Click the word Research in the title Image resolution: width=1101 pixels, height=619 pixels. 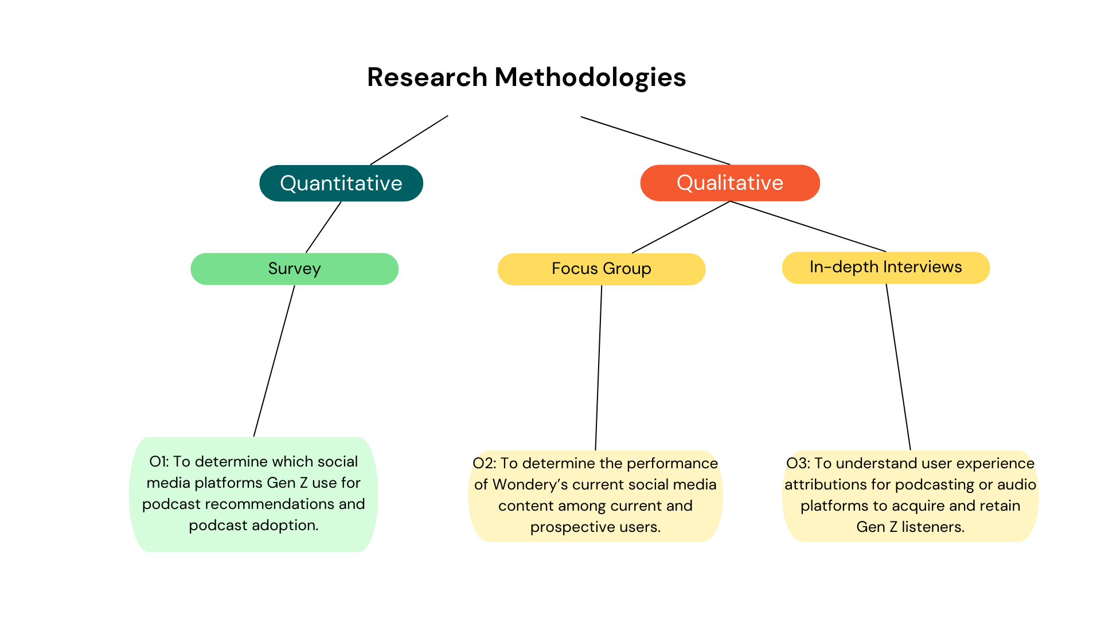(x=427, y=77)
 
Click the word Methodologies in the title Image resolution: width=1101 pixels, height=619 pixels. (x=590, y=77)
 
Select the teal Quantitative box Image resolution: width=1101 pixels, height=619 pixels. (x=341, y=183)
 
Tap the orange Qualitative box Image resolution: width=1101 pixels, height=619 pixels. (x=730, y=183)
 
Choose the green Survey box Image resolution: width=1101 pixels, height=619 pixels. (x=295, y=269)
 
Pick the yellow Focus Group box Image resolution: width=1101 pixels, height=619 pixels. (x=602, y=269)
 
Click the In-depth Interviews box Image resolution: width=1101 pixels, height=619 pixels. (x=886, y=268)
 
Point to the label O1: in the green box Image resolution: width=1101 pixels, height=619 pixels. (x=159, y=461)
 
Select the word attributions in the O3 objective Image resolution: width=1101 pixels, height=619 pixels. (x=826, y=484)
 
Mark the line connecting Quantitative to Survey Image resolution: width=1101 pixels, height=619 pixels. (x=323, y=227)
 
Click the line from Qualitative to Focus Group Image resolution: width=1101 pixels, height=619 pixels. (x=681, y=227)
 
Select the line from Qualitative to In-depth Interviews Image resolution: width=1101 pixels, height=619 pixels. (x=808, y=226)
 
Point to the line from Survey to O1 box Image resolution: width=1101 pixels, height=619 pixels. (x=274, y=361)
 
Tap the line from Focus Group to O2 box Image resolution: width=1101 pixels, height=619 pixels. (x=599, y=368)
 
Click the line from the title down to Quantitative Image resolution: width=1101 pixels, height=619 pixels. (x=409, y=140)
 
